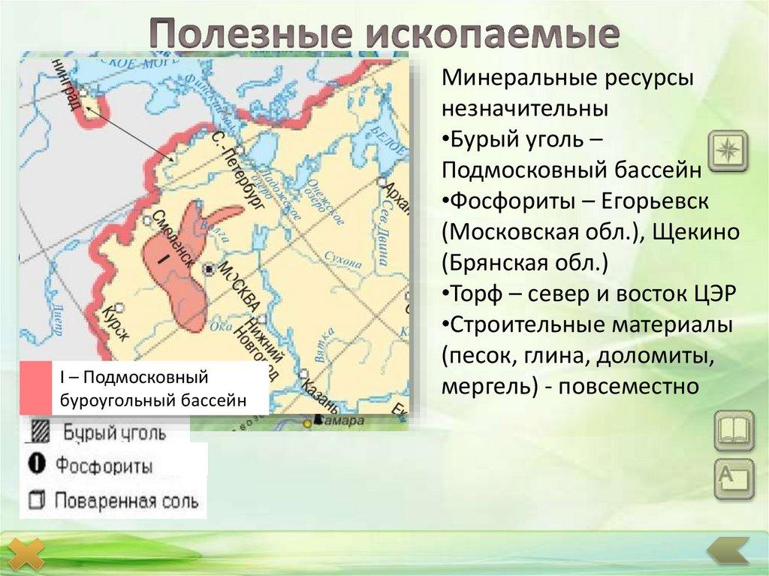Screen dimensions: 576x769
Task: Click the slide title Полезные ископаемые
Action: (x=384, y=34)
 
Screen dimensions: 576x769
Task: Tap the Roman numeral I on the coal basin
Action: (x=161, y=258)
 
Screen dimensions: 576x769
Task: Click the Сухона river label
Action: (x=343, y=261)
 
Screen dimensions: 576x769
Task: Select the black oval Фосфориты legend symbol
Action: (x=38, y=465)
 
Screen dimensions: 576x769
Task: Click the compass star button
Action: (x=727, y=150)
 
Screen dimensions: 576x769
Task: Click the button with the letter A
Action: (x=733, y=479)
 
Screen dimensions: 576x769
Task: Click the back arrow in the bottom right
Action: (x=729, y=550)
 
